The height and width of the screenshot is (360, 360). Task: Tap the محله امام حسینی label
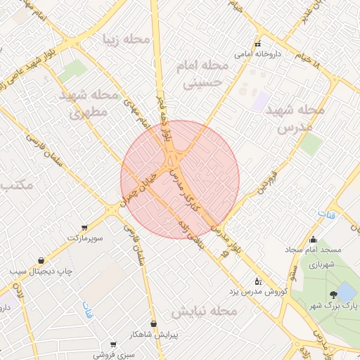tap(195, 74)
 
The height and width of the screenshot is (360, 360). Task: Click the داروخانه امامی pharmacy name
tap(258, 53)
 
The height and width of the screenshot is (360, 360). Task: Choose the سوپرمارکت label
tap(85, 238)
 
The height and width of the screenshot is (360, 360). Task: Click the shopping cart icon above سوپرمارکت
tap(85, 228)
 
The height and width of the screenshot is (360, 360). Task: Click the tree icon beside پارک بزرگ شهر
tap(332, 295)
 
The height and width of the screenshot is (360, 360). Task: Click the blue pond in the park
tap(346, 292)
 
